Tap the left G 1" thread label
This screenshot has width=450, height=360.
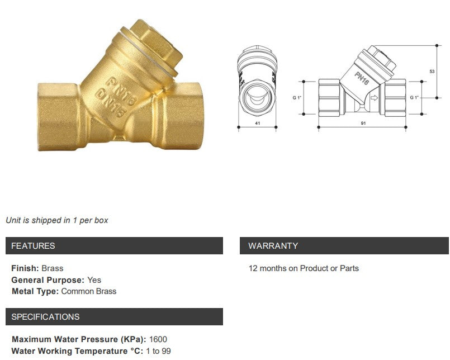pos(297,97)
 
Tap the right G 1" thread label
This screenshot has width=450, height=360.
pos(414,97)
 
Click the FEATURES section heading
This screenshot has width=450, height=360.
pos(34,246)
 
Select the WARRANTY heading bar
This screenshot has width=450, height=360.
pos(273,246)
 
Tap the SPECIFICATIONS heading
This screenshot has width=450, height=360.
pos(46,317)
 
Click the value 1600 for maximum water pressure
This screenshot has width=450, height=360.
pos(158,339)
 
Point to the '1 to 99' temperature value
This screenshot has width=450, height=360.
pos(158,351)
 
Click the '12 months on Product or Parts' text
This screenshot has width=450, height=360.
pos(304,268)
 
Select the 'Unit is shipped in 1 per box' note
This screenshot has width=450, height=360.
pos(57,220)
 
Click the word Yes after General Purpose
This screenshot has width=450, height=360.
pos(94,280)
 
